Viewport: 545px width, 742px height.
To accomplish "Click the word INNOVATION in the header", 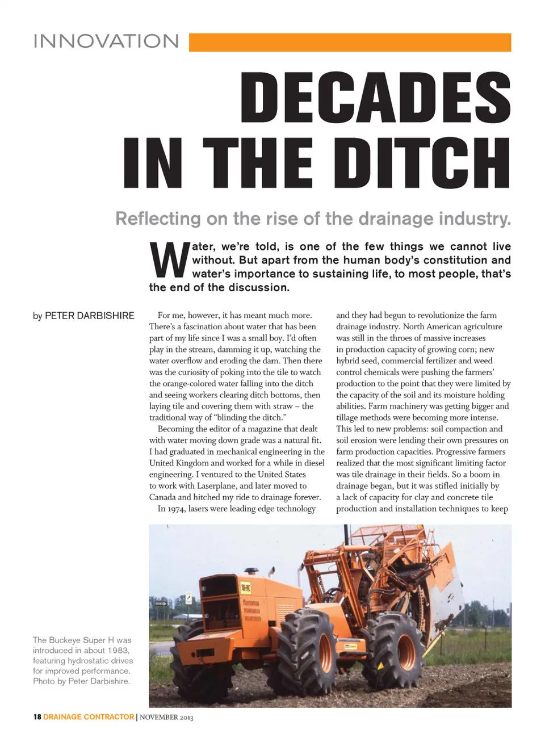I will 106,41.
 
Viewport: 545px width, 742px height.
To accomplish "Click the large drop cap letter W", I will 169,261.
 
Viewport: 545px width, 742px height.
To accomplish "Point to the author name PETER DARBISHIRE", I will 90,316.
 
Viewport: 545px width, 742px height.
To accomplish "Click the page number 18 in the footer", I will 37,717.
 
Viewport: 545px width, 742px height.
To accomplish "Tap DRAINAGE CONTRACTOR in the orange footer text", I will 89,717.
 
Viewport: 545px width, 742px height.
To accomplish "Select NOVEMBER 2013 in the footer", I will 166,718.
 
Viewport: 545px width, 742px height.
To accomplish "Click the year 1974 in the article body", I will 176,509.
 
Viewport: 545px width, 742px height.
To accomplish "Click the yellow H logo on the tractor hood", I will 246,588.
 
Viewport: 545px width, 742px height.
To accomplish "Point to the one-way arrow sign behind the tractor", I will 161,603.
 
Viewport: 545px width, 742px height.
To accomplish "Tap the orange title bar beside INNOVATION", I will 350,43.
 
